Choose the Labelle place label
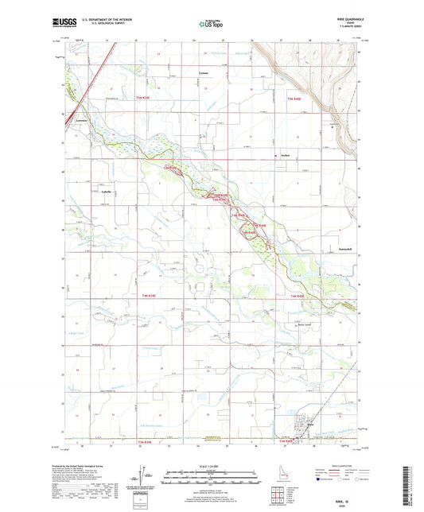coord(107,192)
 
